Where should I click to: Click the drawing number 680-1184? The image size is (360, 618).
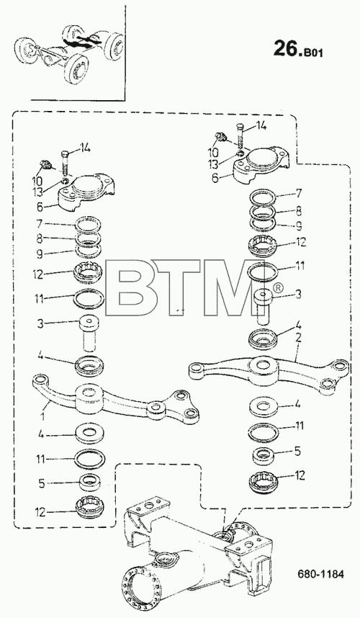click(320, 574)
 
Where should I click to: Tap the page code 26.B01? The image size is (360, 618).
click(298, 49)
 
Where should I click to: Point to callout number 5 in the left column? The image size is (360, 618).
click(41, 483)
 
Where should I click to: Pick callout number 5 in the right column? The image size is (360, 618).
click(298, 450)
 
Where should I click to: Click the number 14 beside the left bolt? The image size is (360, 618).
click(85, 148)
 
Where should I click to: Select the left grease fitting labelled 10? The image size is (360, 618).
click(45, 164)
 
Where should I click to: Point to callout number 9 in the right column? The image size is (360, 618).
click(298, 226)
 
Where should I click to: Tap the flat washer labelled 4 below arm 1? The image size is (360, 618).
click(90, 433)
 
